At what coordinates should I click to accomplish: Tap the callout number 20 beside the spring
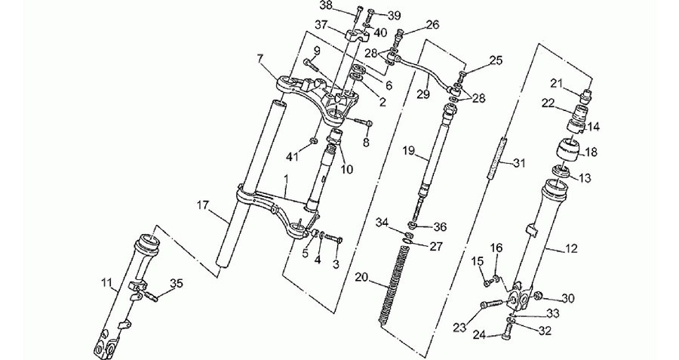pyautogui.click(x=362, y=277)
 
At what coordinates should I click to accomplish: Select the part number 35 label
pyautogui.click(x=177, y=284)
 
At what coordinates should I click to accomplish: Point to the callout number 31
pyautogui.click(x=519, y=163)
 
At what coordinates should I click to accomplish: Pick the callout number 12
pyautogui.click(x=571, y=248)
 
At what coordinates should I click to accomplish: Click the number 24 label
pyautogui.click(x=479, y=334)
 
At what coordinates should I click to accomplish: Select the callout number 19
pyautogui.click(x=408, y=151)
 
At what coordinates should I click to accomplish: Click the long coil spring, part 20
pyautogui.click(x=394, y=285)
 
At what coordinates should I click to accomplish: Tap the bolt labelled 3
pyautogui.click(x=333, y=238)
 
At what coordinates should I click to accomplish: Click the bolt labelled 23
pyautogui.click(x=490, y=303)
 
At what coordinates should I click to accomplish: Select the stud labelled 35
pyautogui.click(x=152, y=296)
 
